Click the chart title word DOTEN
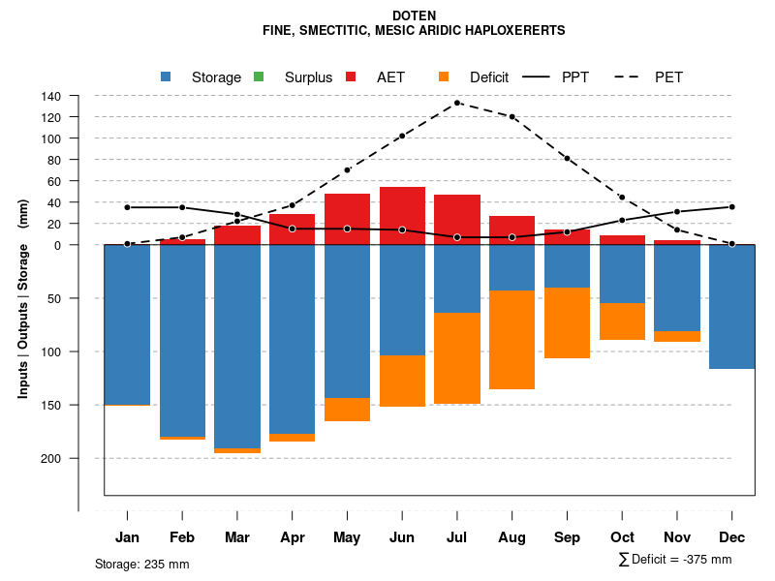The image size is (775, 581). click(415, 15)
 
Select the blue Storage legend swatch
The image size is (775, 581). click(166, 76)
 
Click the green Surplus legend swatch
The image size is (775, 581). click(259, 76)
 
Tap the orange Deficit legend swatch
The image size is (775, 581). click(444, 76)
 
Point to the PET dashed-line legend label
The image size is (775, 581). click(668, 77)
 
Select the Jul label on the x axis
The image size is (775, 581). click(457, 537)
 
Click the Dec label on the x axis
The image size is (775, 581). click(732, 537)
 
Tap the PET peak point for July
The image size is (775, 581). click(457, 103)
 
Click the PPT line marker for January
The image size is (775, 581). click(127, 207)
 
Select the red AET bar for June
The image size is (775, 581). click(402, 216)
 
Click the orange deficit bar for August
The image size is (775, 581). click(512, 340)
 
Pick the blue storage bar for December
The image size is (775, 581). click(732, 307)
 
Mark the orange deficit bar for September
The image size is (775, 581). click(568, 322)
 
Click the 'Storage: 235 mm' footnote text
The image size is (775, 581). click(141, 565)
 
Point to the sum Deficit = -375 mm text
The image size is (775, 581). click(675, 560)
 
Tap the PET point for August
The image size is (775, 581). click(512, 116)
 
